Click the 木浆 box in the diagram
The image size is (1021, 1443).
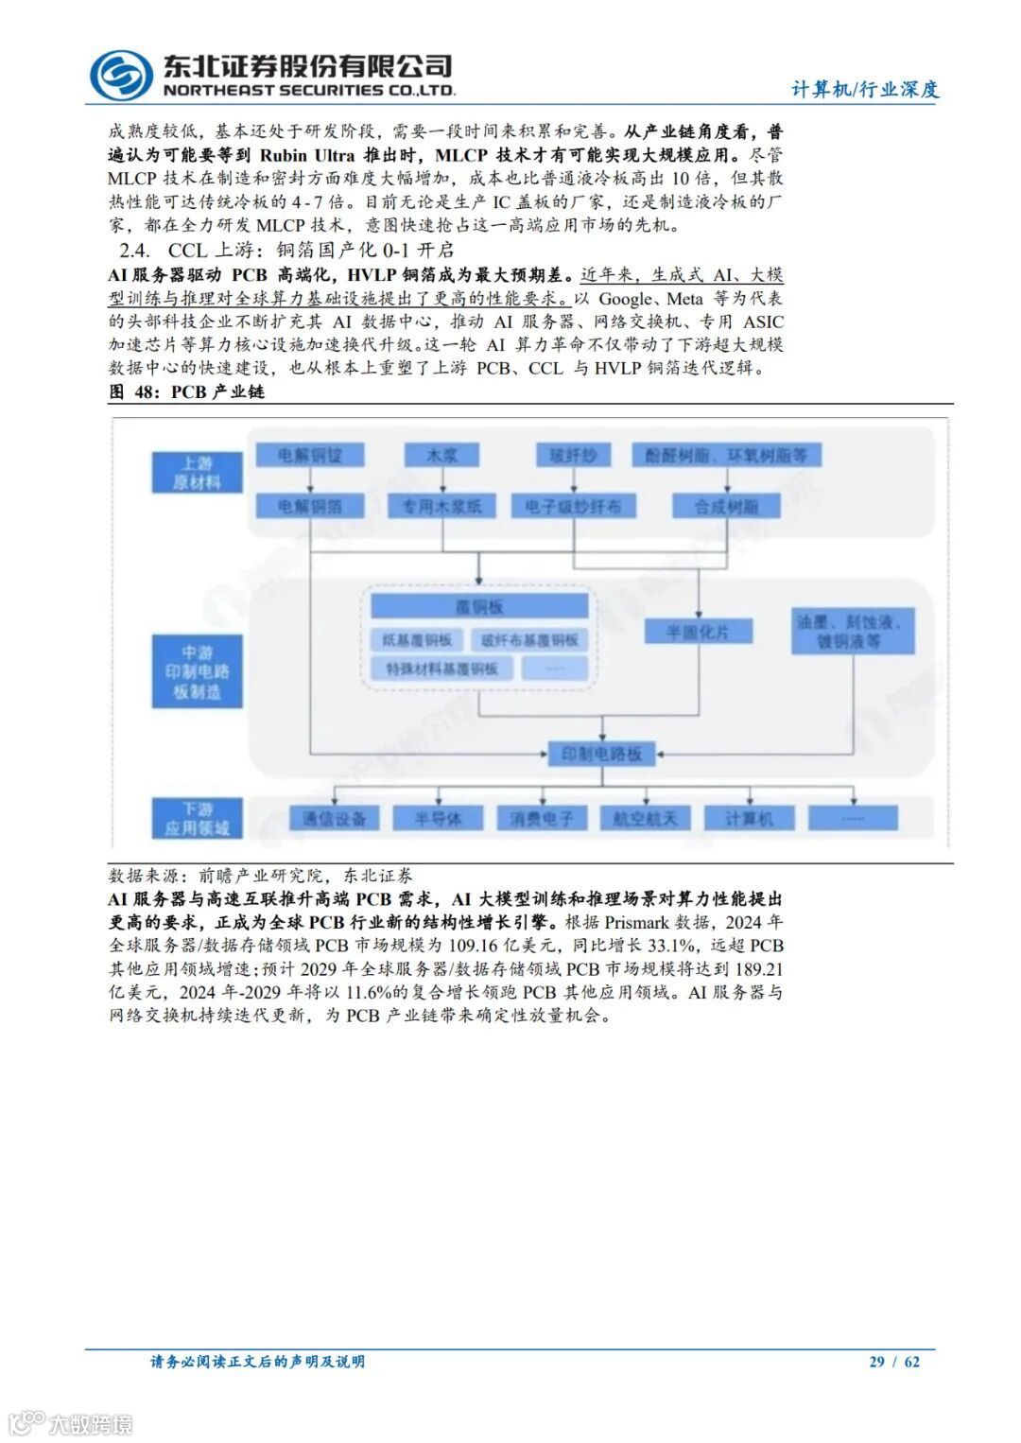[441, 455]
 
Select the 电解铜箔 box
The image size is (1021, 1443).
[310, 506]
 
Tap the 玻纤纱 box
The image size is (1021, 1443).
[573, 455]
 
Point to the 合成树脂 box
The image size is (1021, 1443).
[726, 506]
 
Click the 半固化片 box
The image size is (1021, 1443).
[699, 631]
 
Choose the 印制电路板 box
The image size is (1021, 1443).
[601, 754]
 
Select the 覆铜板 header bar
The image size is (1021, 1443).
[479, 606]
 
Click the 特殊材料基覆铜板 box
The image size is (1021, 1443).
[441, 669]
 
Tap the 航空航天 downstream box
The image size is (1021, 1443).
[645, 818]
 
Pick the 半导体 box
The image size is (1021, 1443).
[438, 818]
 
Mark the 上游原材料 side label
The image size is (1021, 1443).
[197, 472]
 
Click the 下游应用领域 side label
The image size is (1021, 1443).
[197, 818]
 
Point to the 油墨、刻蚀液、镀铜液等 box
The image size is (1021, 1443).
[853, 631]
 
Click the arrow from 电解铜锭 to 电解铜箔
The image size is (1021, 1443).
[310, 480]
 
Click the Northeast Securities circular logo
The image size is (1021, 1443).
[121, 75]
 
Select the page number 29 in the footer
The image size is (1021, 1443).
[876, 1362]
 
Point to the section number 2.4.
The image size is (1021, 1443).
[134, 251]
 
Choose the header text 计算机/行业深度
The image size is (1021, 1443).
[865, 90]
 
